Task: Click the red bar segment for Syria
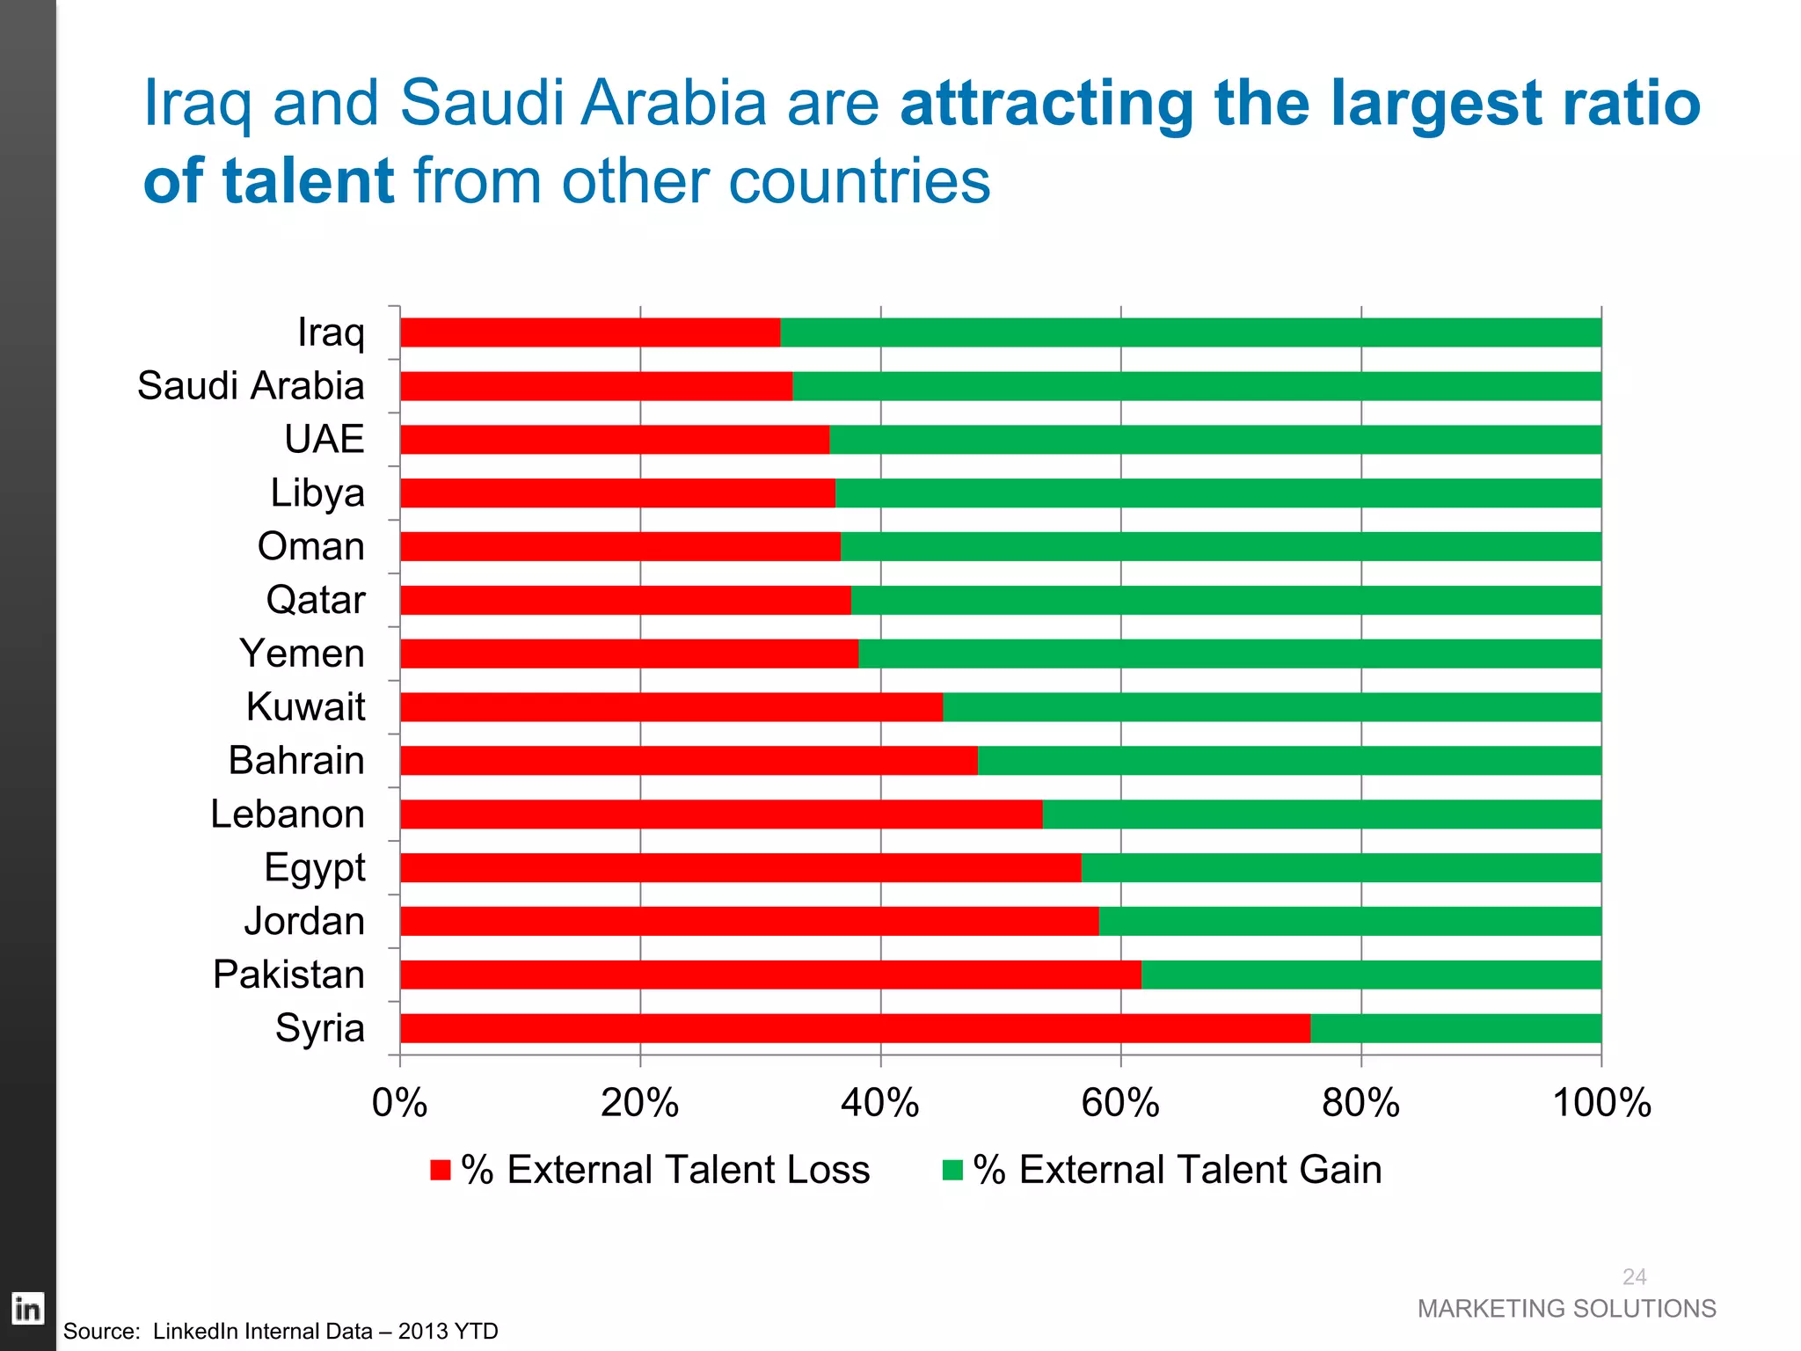(x=855, y=1027)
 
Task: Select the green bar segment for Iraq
(x=1191, y=332)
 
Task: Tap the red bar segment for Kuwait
(x=671, y=706)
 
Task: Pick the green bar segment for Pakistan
(x=1371, y=975)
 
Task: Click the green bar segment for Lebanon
(x=1322, y=814)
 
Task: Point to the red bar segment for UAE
(x=615, y=439)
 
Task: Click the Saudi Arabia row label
(x=251, y=386)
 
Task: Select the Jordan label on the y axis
(x=304, y=921)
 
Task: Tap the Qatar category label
(x=315, y=600)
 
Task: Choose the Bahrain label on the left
(x=296, y=760)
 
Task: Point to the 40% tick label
(x=880, y=1103)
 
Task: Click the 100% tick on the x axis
(x=1601, y=1103)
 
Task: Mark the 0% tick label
(x=399, y=1103)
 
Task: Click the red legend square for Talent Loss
(x=441, y=1170)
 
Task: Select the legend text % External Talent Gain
(x=1178, y=1170)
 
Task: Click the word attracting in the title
(x=1046, y=104)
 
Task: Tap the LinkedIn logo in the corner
(x=27, y=1309)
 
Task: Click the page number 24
(x=1634, y=1276)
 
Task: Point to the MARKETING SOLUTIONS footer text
(x=1566, y=1309)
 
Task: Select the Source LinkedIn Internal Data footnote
(x=281, y=1332)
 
